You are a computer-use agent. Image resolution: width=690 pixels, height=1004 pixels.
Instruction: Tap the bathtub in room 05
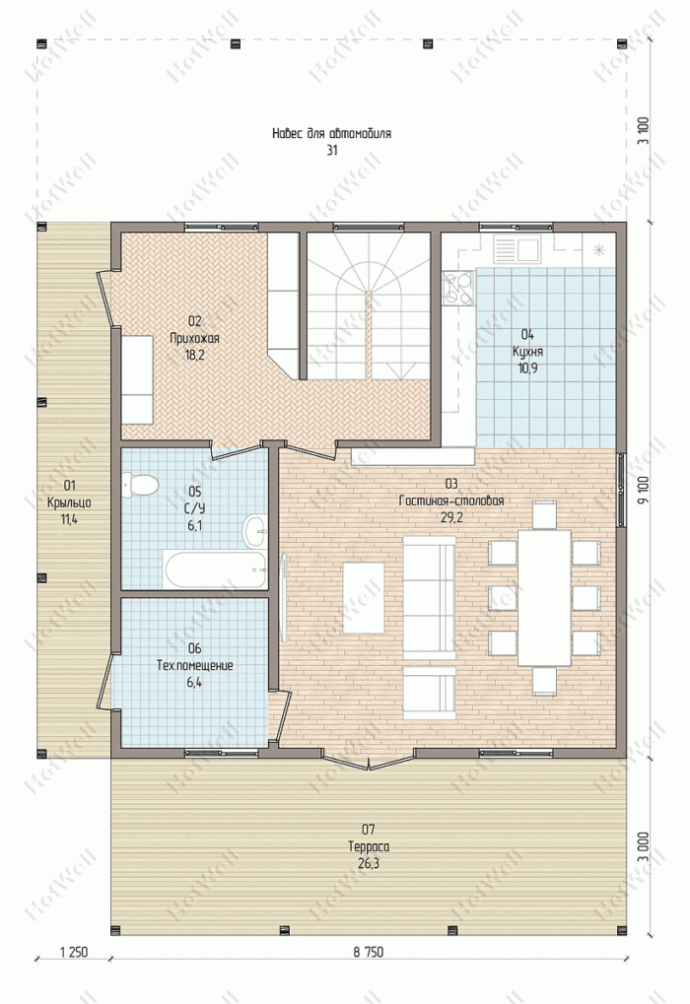[x=215, y=569]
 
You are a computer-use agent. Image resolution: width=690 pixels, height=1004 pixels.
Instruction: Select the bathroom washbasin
[x=255, y=531]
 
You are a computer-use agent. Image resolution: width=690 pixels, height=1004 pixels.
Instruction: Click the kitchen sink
[x=517, y=250]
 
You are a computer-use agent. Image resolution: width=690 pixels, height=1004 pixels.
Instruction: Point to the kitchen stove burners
[x=458, y=287]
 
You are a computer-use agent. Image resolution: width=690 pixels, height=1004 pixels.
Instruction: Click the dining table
[x=544, y=598]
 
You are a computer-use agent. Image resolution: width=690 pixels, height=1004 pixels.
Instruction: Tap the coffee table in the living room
[x=364, y=597]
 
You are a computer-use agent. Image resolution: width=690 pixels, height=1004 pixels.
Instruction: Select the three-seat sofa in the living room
[x=429, y=598]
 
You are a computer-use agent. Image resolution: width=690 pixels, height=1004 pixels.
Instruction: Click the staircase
[x=368, y=305]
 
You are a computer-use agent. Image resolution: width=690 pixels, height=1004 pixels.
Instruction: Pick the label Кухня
[x=528, y=352]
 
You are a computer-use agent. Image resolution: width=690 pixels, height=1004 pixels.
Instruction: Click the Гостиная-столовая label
[x=451, y=502]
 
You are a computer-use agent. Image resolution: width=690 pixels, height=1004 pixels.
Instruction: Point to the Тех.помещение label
[x=195, y=666]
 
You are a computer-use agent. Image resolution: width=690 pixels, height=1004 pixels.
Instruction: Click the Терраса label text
[x=369, y=846]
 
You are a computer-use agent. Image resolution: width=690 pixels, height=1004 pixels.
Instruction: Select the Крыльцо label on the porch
[x=69, y=502]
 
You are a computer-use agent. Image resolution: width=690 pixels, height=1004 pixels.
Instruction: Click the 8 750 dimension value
[x=369, y=952]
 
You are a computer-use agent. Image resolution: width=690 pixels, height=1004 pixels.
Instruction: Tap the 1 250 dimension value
[x=74, y=952]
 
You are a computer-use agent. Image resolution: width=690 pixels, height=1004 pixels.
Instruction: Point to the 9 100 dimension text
[x=644, y=490]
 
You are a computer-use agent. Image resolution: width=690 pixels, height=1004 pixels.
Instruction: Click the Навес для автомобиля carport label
[x=332, y=134]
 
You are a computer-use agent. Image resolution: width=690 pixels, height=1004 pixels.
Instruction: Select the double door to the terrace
[x=369, y=760]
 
